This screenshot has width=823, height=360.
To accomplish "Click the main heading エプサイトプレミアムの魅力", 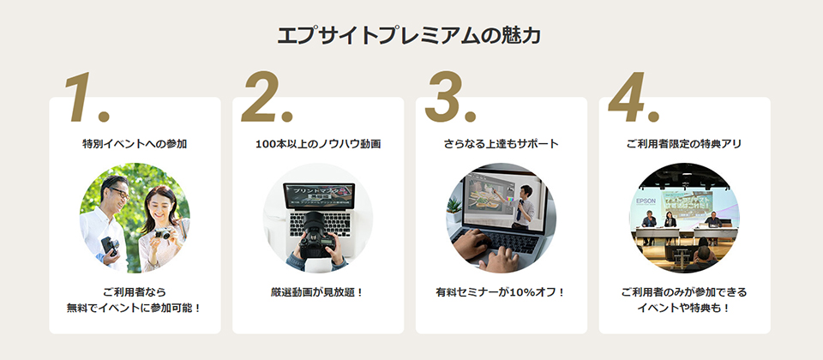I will (x=411, y=36).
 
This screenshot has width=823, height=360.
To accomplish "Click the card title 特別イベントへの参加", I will (x=135, y=144).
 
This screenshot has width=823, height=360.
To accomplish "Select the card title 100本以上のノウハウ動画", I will (x=318, y=144).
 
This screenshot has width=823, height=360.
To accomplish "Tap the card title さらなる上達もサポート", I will (x=502, y=144).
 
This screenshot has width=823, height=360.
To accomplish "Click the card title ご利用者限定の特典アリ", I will (x=684, y=144).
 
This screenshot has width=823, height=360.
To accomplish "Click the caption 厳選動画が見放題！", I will (x=318, y=292).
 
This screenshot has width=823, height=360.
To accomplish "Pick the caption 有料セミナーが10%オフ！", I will (x=502, y=292).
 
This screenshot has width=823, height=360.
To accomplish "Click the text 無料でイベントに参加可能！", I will (x=135, y=307).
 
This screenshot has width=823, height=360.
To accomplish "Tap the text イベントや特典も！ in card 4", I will (x=684, y=307).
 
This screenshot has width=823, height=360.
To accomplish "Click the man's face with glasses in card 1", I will (x=117, y=193).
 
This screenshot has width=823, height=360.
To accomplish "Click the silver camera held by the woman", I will (x=161, y=233).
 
